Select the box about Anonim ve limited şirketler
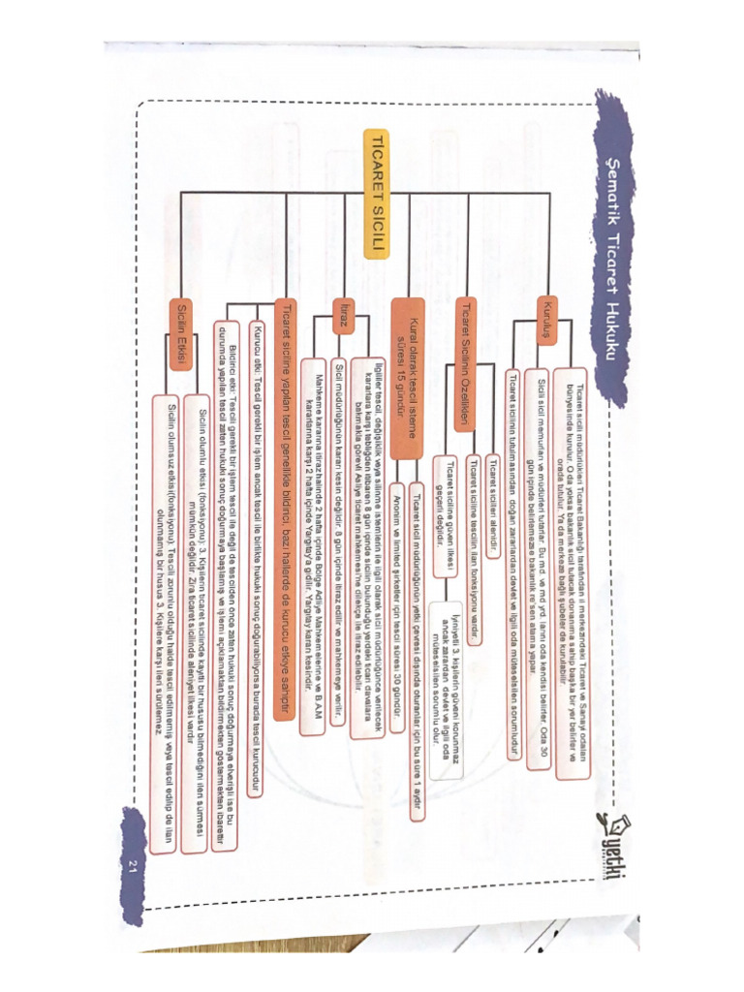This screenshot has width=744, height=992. (x=398, y=581)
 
